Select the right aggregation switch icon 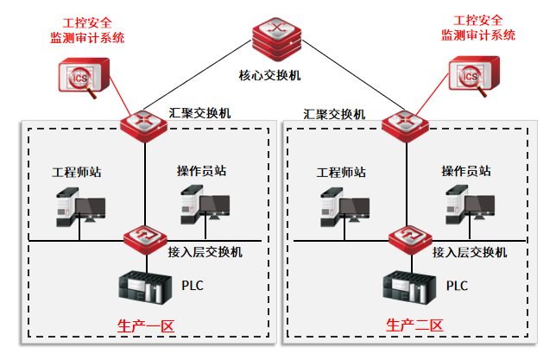(405, 123)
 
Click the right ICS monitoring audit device (472, 76)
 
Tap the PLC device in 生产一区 (141, 287)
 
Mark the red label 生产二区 (414, 326)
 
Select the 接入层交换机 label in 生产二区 (470, 253)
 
